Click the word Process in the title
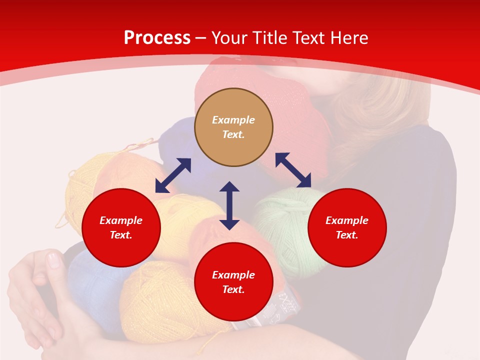[x=157, y=38]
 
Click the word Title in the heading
[x=270, y=38]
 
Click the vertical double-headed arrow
[x=229, y=205]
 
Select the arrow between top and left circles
[x=173, y=175]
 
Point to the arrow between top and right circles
[x=293, y=170]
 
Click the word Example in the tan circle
[x=233, y=120]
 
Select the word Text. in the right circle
[x=347, y=235]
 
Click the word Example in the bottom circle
[x=233, y=275]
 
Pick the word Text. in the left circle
[x=121, y=235]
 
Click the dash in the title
[x=201, y=38]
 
